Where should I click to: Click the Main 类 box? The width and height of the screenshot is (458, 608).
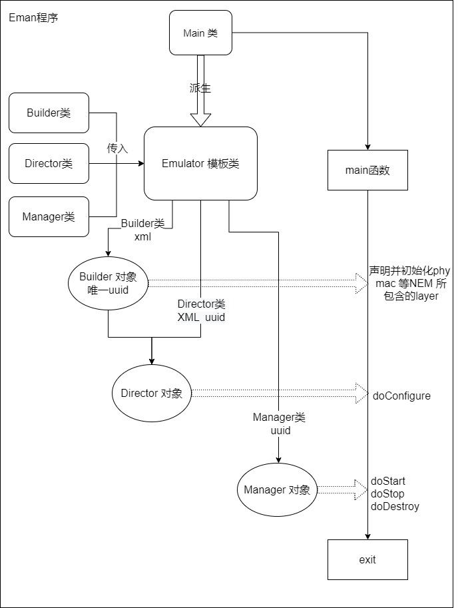point(200,33)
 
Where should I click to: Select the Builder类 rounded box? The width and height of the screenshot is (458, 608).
point(49,113)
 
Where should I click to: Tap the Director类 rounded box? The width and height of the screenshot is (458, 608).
point(49,163)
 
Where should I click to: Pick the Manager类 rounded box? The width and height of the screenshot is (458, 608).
point(49,216)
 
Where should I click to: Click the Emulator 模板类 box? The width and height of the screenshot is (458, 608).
point(200,163)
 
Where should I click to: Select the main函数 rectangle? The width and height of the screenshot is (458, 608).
point(367,170)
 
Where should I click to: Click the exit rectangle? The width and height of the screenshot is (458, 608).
point(367,559)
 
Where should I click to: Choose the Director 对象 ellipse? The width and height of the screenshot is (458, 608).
point(151,393)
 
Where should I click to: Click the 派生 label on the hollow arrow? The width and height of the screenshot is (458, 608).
point(200,88)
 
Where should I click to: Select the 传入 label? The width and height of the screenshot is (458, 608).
point(117,149)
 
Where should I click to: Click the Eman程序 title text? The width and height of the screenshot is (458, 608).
point(33,17)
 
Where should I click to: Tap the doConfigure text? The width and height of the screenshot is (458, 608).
point(401,396)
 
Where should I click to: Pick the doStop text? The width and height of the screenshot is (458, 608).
point(387,494)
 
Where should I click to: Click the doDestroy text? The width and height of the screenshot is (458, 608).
point(395,507)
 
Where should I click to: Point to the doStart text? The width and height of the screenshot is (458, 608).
point(388,481)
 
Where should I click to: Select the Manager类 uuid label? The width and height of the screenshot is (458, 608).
point(279,424)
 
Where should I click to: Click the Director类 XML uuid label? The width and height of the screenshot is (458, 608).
point(201,311)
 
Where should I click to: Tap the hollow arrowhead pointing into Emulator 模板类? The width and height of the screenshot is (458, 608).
point(200,119)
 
